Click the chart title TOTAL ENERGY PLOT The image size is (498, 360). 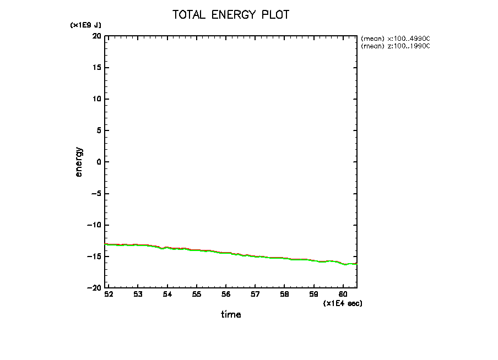pyautogui.click(x=231, y=15)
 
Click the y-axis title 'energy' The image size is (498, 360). pyautogui.click(x=79, y=162)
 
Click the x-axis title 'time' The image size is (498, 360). pyautogui.click(x=231, y=315)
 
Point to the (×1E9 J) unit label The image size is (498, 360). pyautogui.click(x=85, y=25)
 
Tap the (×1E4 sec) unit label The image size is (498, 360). pyautogui.click(x=343, y=303)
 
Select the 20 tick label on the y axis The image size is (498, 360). pyautogui.click(x=97, y=36)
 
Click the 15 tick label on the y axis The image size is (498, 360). pyautogui.click(x=97, y=68)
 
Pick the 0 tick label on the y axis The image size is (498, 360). pyautogui.click(x=99, y=162)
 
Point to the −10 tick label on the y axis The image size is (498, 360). pyautogui.click(x=95, y=225)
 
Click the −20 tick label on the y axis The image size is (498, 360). pyautogui.click(x=95, y=288)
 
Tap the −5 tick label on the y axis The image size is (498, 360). pyautogui.click(x=96, y=194)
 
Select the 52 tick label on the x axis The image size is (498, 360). pyautogui.click(x=109, y=295)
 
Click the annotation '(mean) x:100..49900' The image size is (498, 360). pyautogui.click(x=394, y=39)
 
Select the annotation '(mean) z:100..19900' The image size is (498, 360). pyautogui.click(x=394, y=46)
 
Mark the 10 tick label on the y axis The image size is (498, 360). pyautogui.click(x=97, y=99)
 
